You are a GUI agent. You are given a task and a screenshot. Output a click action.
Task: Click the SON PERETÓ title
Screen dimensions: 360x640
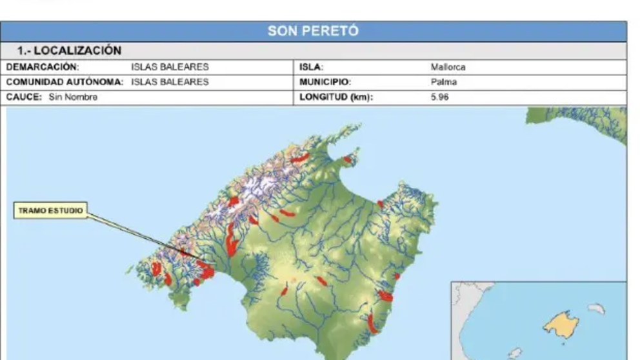[313, 31]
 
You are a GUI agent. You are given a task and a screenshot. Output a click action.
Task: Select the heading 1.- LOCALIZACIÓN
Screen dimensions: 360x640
[69, 50]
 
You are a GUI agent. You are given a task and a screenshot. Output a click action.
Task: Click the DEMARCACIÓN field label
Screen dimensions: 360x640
[43, 67]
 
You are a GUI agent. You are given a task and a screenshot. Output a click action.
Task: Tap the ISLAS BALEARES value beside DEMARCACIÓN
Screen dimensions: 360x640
[170, 67]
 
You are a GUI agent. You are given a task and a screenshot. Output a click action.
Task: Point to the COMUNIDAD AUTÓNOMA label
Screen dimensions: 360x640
[65, 82]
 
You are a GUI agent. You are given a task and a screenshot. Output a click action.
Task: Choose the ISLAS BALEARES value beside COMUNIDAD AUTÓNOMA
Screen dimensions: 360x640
[170, 82]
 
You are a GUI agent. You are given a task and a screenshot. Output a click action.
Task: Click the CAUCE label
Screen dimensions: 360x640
[24, 97]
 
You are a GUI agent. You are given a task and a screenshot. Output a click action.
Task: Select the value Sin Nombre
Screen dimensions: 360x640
[73, 97]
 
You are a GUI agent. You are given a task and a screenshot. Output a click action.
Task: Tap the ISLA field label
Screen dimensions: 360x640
[312, 67]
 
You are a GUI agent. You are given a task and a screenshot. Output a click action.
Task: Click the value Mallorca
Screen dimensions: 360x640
[448, 67]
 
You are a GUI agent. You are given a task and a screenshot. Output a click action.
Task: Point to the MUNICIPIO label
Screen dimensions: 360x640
[325, 82]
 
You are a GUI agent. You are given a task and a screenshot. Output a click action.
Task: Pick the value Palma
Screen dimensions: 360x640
[443, 82]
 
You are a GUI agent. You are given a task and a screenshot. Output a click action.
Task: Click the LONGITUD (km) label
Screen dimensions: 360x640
[336, 97]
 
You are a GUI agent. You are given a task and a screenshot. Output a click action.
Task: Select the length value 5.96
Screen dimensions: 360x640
[439, 97]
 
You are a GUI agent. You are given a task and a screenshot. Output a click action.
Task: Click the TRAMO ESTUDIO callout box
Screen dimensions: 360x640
[50, 211]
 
